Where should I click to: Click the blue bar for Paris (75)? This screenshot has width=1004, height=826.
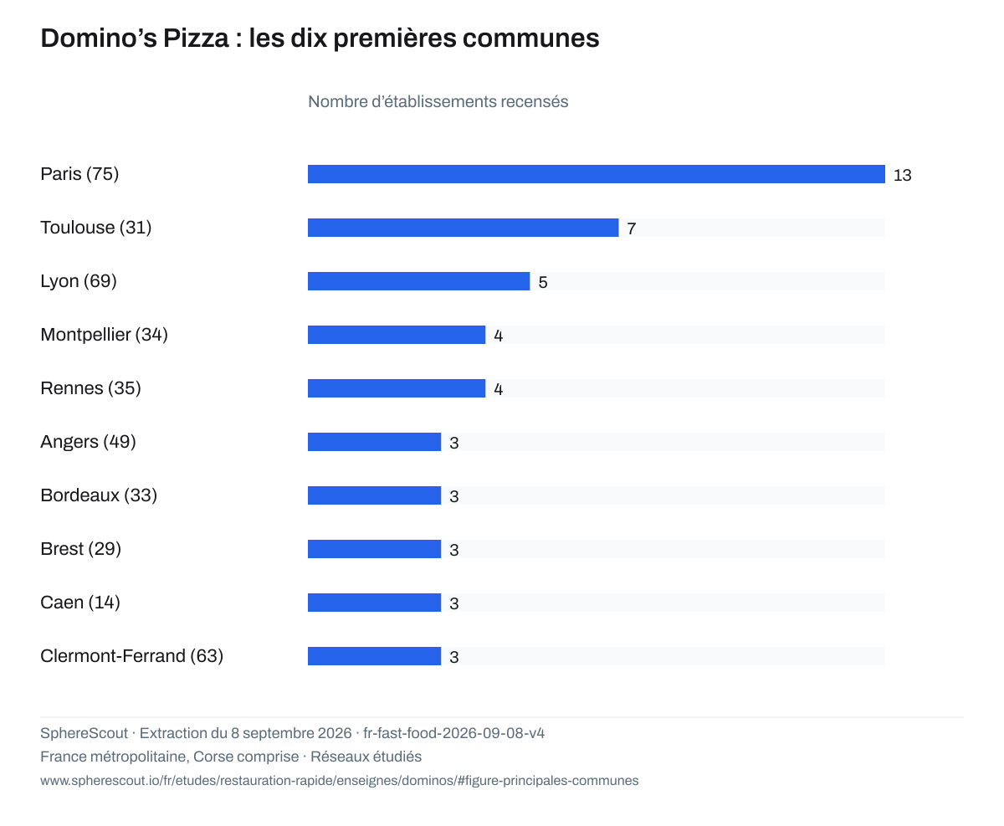click(596, 174)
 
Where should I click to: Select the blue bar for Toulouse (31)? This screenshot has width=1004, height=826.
click(464, 228)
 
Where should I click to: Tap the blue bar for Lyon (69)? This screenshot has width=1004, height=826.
click(418, 281)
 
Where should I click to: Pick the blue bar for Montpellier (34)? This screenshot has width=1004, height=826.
click(397, 335)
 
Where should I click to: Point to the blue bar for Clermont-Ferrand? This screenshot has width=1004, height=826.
click(374, 656)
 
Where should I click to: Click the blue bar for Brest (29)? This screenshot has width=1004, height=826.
click(374, 549)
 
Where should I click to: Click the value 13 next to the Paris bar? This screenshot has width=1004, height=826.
click(902, 175)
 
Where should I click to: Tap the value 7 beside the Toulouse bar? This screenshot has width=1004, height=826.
click(631, 229)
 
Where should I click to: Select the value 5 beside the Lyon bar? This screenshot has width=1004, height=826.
click(543, 282)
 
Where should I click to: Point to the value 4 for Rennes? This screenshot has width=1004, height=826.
click(499, 389)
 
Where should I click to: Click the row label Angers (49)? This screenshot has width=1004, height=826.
click(88, 442)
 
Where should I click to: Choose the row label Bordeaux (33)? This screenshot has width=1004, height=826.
click(99, 495)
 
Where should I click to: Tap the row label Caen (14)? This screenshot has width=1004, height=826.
click(80, 603)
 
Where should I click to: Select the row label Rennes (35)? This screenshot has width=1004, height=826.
click(90, 388)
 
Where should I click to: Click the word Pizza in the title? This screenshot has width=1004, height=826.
click(196, 38)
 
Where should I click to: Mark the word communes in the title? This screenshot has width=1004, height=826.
click(530, 39)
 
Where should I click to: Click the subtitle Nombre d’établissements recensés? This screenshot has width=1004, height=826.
click(438, 102)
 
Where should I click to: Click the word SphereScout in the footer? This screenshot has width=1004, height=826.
click(85, 733)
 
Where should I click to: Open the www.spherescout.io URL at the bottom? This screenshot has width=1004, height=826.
click(340, 781)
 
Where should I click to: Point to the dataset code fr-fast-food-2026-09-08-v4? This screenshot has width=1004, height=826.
click(453, 733)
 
